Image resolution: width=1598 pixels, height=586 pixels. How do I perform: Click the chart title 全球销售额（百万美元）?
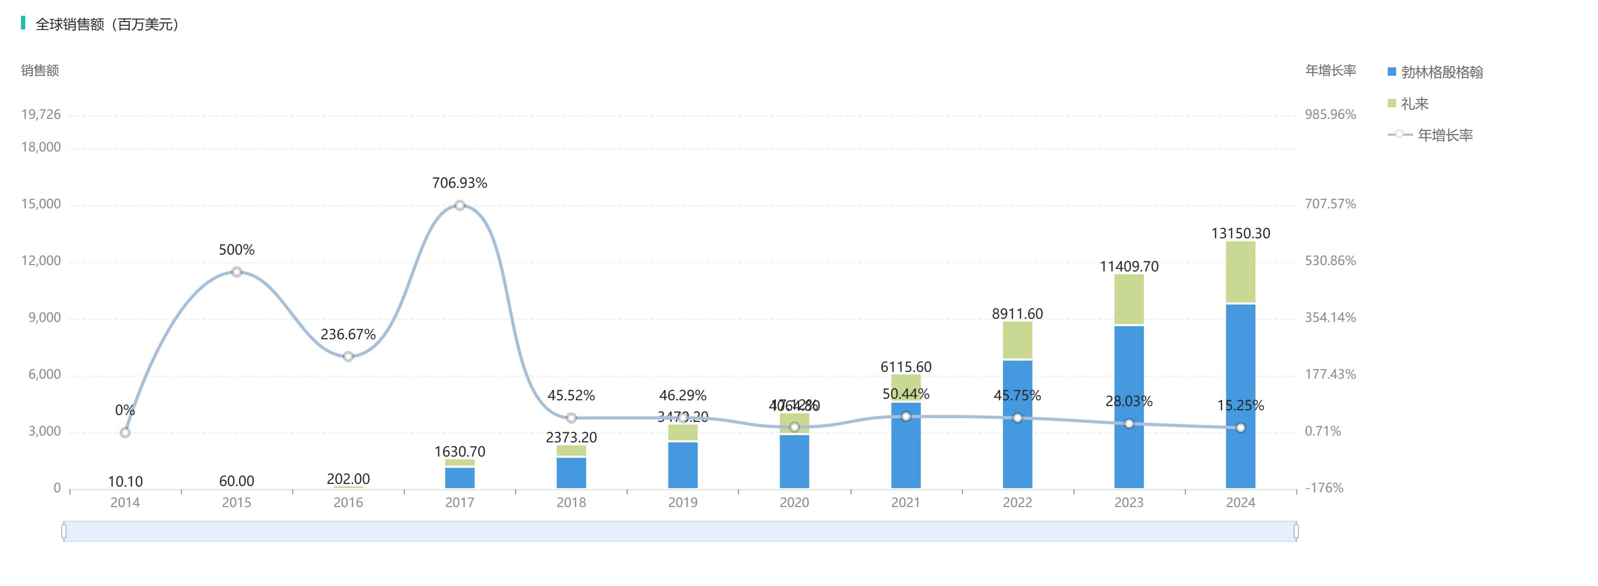107,24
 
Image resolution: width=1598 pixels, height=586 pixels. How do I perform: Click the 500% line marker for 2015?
237,272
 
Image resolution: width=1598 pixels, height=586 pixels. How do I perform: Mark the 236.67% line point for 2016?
348,356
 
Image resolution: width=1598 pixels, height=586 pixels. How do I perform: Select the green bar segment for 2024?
1240,272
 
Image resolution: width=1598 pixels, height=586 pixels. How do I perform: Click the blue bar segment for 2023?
1129,407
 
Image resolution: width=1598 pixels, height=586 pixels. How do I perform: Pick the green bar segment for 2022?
1017,340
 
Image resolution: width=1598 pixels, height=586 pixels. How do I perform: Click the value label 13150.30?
1240,234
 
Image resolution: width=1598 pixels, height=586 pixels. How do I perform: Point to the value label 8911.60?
1017,314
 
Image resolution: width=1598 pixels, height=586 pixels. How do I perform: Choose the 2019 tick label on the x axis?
682,502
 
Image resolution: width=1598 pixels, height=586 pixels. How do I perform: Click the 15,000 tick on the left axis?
41,204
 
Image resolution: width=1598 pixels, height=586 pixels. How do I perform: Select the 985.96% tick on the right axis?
1330,115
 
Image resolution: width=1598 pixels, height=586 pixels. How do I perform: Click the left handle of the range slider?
64,531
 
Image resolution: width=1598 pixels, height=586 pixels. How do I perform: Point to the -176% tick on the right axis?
1324,488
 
